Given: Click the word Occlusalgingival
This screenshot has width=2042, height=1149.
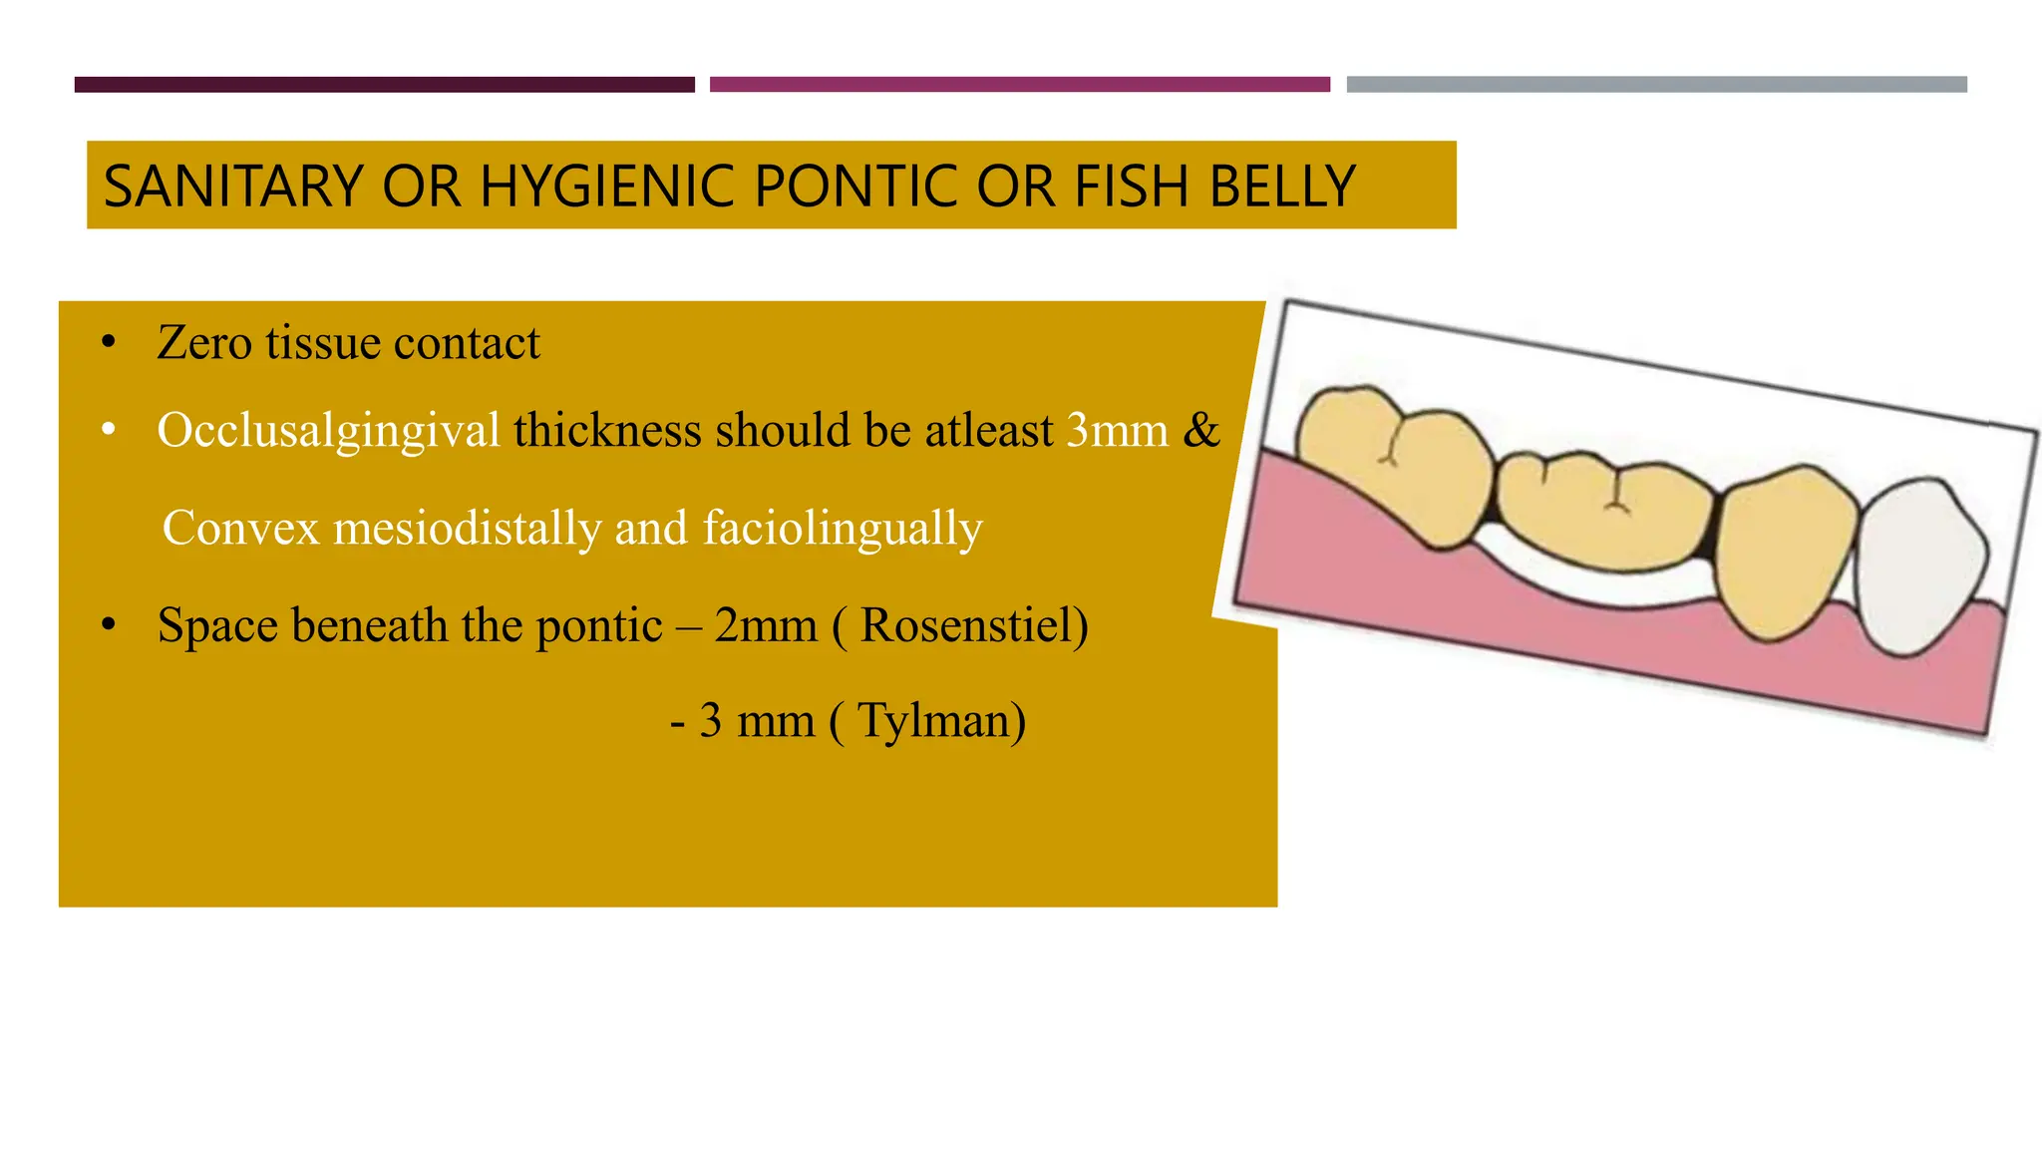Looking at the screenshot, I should click(328, 431).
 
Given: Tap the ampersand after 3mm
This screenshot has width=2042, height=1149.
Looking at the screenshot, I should click(1200, 431).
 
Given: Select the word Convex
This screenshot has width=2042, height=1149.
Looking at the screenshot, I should click(240, 528).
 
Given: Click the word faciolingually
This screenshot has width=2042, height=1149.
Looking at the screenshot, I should click(843, 528).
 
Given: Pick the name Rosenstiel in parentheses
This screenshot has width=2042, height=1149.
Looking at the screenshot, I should click(967, 626).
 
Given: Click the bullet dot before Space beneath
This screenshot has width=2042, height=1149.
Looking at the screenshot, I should click(109, 626).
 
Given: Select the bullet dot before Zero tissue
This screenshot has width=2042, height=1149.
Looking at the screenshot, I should click(109, 344).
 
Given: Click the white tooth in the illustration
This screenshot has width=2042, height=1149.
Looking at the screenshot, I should click(1919, 564).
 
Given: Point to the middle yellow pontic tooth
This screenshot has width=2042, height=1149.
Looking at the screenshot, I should click(1605, 509).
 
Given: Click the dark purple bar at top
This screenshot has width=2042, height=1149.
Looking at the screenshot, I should click(384, 85).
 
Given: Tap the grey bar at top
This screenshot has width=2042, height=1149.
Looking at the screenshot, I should click(1656, 85).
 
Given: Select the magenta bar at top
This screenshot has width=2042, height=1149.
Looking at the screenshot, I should click(1019, 85).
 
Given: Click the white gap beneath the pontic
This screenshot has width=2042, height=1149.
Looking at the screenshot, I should click(1595, 587).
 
